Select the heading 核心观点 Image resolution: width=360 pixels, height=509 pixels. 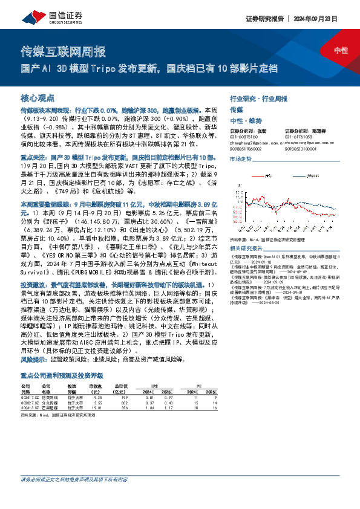(38, 97)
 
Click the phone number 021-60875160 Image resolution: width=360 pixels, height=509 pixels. (244, 136)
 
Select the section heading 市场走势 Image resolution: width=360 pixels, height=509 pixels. (241, 158)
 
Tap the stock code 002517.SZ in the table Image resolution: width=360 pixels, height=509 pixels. (29, 397)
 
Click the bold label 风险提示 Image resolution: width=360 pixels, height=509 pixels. (33, 359)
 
